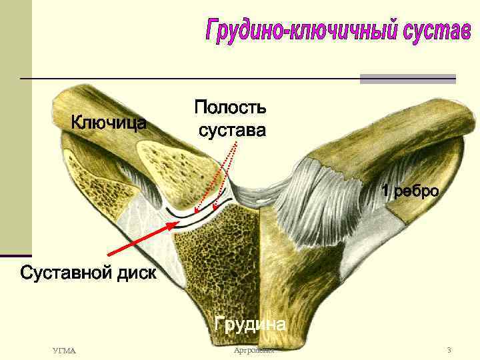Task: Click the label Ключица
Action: [109, 123]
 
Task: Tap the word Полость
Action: [230, 107]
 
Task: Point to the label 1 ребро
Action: [409, 192]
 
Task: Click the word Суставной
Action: [62, 273]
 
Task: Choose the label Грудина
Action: [250, 324]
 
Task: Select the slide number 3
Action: [449, 350]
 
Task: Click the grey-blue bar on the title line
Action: [407, 79]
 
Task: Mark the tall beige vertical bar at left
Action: [15, 127]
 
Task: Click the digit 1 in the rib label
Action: [385, 192]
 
